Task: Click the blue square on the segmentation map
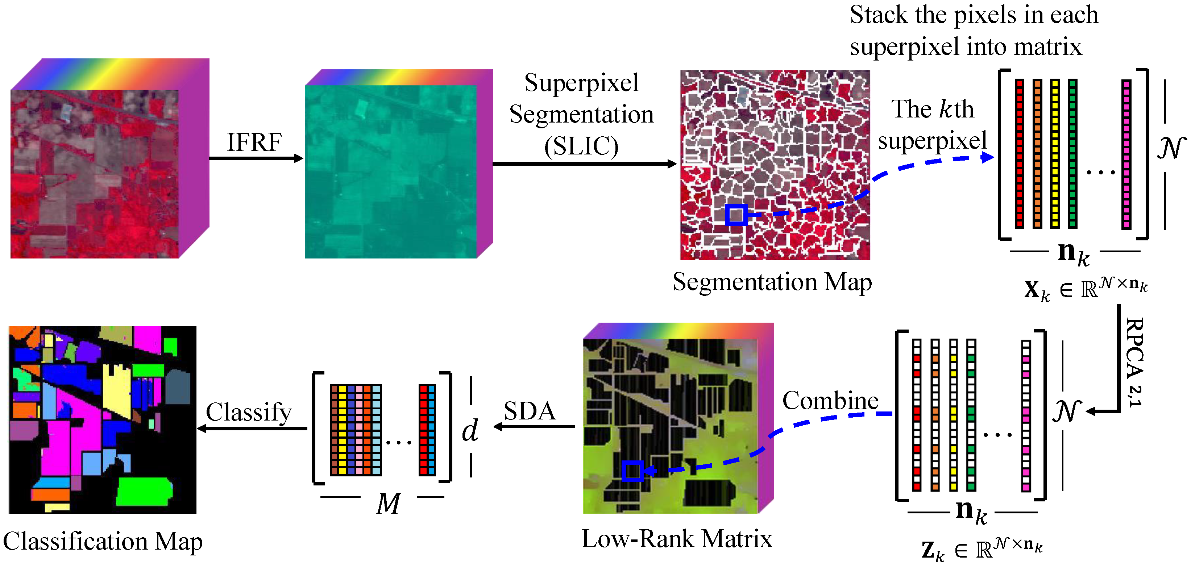(736, 215)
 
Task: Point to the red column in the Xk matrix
(1020, 154)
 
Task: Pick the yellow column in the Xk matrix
(1055, 154)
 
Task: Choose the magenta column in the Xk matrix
(1126, 154)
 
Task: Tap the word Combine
(830, 401)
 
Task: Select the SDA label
(530, 411)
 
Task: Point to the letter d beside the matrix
(470, 430)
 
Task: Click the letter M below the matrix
(388, 503)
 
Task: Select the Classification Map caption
(103, 541)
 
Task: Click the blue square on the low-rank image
(632, 471)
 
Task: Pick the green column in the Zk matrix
(971, 414)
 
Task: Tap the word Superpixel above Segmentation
(581, 83)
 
